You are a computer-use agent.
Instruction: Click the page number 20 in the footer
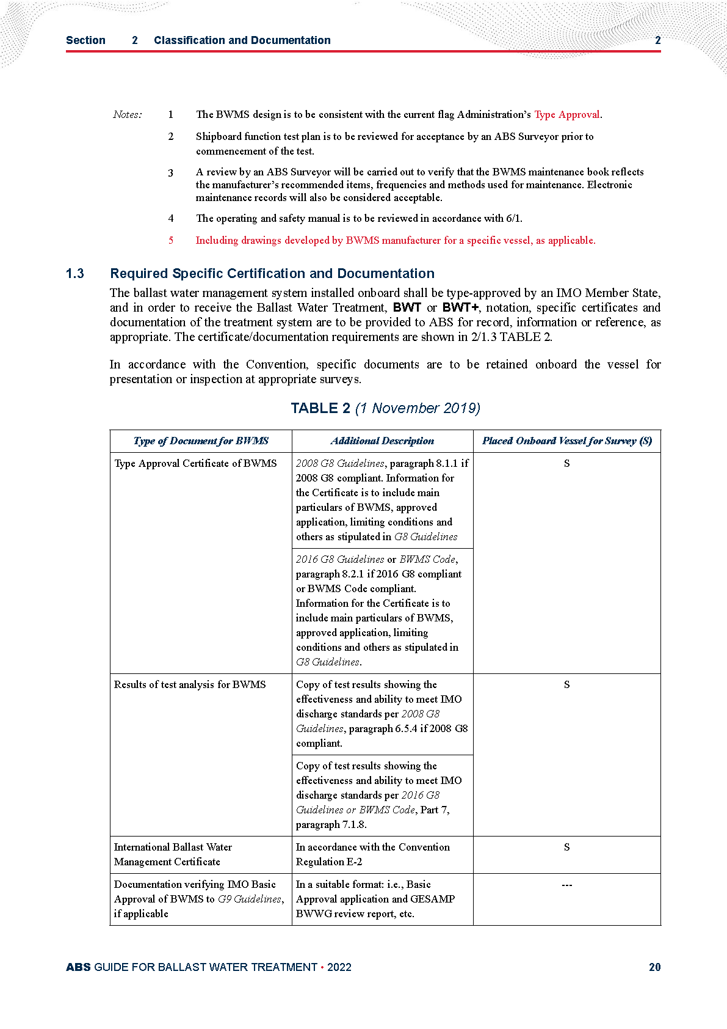coord(654,967)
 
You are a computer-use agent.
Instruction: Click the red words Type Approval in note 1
coord(567,114)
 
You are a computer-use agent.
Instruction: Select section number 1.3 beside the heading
coord(75,273)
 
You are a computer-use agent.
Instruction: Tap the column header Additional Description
coord(382,441)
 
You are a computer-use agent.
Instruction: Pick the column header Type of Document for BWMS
coord(201,441)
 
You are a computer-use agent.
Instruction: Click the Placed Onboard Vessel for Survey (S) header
coord(566,441)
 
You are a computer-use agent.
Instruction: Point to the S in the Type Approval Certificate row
coord(566,463)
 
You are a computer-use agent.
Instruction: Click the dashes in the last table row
coord(566,884)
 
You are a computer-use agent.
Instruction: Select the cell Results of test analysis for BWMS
coord(190,684)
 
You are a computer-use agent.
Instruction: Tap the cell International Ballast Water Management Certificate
coord(173,854)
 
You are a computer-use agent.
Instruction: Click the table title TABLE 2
coord(320,408)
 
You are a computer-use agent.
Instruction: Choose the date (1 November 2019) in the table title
coord(418,408)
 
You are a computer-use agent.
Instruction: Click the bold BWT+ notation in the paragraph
coord(460,307)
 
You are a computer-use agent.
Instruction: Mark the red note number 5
coord(171,240)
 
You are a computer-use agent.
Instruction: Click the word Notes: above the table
coord(128,114)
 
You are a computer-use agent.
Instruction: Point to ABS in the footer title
coord(78,967)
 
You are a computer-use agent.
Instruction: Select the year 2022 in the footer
coord(339,967)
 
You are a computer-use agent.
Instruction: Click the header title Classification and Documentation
coord(242,40)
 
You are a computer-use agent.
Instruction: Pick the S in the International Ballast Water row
coord(566,847)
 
